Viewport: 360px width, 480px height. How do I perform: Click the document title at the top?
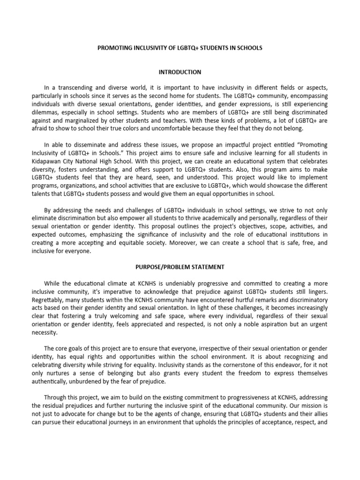180,48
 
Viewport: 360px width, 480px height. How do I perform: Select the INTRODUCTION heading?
180,72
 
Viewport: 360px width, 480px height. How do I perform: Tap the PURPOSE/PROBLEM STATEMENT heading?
180,267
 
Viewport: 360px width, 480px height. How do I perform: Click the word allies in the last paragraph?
322,415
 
